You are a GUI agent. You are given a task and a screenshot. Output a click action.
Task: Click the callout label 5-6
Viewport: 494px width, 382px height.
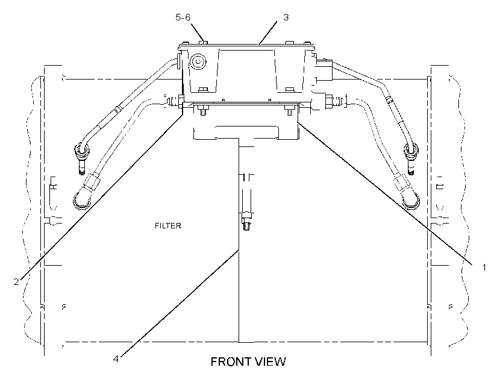click(183, 17)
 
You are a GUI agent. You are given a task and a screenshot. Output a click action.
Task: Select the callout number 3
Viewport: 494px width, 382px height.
click(286, 17)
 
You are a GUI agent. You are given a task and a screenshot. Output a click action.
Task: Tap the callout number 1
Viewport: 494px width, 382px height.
click(484, 268)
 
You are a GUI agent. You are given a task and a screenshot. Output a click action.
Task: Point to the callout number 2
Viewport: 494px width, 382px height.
click(16, 281)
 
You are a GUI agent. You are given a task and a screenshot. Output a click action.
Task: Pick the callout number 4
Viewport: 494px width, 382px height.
click(116, 359)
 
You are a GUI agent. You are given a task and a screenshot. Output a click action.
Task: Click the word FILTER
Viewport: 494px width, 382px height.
click(168, 226)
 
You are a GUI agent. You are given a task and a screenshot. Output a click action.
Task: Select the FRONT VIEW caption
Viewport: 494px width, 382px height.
click(248, 362)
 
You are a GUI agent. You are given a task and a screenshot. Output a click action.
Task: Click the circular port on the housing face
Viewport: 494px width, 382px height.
click(198, 61)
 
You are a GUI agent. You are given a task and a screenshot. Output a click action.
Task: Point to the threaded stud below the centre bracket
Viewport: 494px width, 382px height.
click(246, 222)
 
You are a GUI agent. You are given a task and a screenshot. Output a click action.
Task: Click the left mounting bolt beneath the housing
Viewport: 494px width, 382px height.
click(203, 111)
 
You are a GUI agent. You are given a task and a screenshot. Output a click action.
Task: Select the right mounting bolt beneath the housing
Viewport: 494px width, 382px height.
click(290, 111)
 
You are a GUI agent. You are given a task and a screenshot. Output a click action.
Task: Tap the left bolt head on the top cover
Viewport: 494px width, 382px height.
click(204, 42)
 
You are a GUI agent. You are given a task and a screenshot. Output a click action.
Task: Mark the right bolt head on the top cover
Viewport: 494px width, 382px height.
click(290, 43)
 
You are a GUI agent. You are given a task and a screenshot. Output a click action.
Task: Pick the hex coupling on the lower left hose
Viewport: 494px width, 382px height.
click(92, 182)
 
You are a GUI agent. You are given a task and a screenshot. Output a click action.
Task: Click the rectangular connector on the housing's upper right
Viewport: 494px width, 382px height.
click(324, 70)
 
